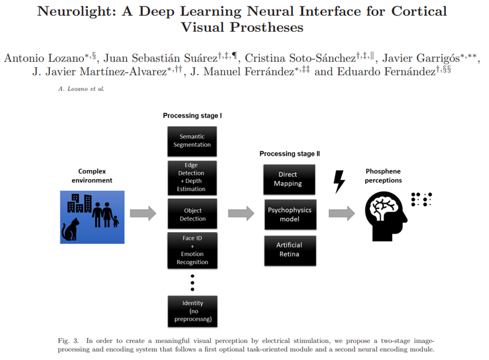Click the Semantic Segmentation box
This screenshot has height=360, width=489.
[x=192, y=141]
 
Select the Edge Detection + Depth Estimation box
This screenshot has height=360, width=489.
[x=192, y=177]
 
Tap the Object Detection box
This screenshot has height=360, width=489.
[x=192, y=214]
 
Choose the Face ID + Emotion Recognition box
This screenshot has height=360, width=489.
[x=192, y=250]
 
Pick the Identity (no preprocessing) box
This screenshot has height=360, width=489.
[x=192, y=311]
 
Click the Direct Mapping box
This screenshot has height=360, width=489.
[x=289, y=179]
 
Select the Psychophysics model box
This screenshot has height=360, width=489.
[x=289, y=214]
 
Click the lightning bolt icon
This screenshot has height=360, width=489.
[x=339, y=181]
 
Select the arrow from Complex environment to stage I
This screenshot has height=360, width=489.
[x=143, y=213]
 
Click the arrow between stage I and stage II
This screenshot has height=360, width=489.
[x=241, y=213]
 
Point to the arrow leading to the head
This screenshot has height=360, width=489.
[x=342, y=213]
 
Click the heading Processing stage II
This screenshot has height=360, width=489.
[x=289, y=154]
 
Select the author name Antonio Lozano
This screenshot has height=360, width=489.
[x=41, y=58]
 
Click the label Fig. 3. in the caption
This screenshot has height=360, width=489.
[x=68, y=341]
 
